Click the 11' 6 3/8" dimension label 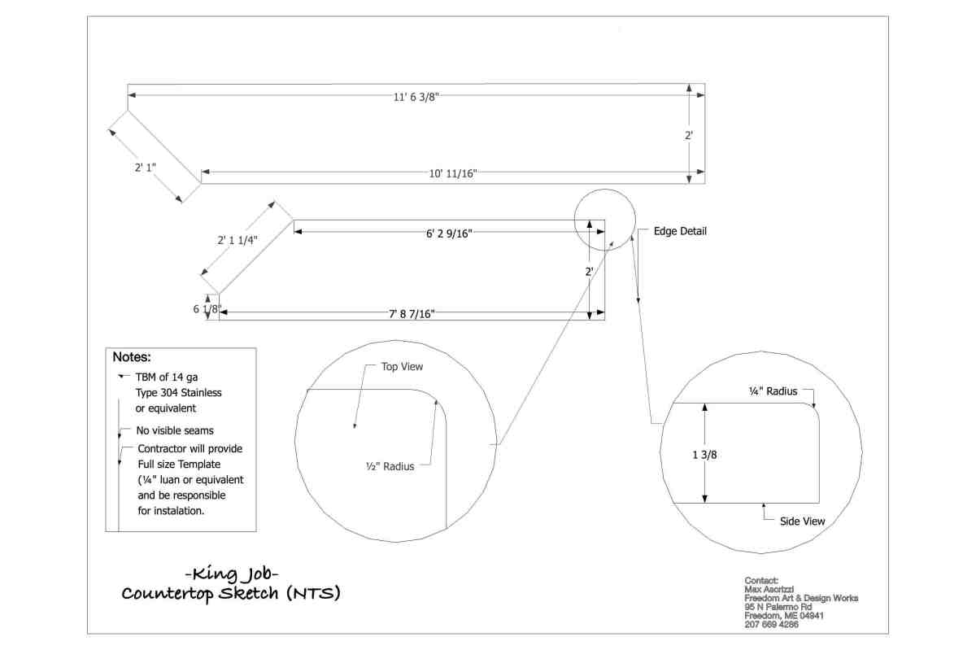click(416, 96)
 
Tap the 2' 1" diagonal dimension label click(146, 168)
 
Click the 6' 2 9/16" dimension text click(449, 233)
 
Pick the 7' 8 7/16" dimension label click(411, 313)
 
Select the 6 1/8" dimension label click(207, 309)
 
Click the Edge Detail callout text click(681, 231)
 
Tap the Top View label click(403, 367)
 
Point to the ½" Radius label click(390, 466)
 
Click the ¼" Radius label click(773, 391)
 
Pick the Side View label click(802, 521)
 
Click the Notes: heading click(132, 357)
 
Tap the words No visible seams click(175, 430)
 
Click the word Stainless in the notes click(197, 393)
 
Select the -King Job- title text click(231, 573)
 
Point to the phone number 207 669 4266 click(771, 625)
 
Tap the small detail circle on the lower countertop click(604, 219)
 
